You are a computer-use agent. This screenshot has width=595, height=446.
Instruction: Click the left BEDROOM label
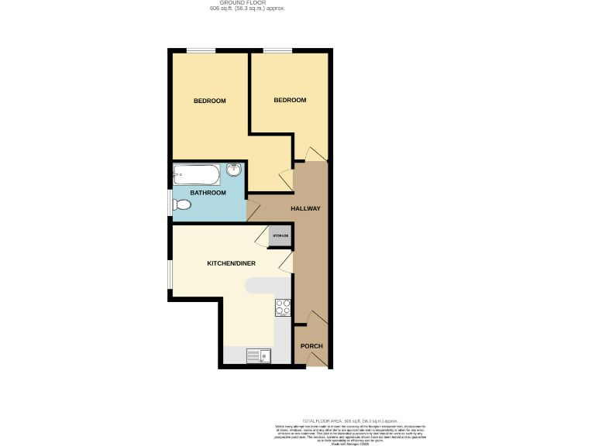coord(209,101)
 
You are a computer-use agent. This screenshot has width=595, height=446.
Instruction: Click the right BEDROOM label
coord(290,100)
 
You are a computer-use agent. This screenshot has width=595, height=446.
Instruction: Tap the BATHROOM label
coord(208,193)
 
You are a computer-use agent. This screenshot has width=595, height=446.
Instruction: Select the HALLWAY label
coord(305,209)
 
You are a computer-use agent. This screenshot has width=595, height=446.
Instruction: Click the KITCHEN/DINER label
coord(231,263)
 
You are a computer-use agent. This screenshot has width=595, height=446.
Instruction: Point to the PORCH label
coord(311,345)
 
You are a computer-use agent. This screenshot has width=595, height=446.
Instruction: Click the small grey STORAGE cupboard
coord(280,235)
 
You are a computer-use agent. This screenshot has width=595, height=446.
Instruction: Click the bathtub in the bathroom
coord(197,173)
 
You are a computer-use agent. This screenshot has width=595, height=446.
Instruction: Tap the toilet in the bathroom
coord(182,205)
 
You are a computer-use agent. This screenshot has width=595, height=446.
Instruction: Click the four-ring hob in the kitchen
coord(283,307)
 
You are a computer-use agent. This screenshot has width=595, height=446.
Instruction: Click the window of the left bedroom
coord(201,51)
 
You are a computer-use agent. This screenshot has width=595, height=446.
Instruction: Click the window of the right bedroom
coord(277,51)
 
